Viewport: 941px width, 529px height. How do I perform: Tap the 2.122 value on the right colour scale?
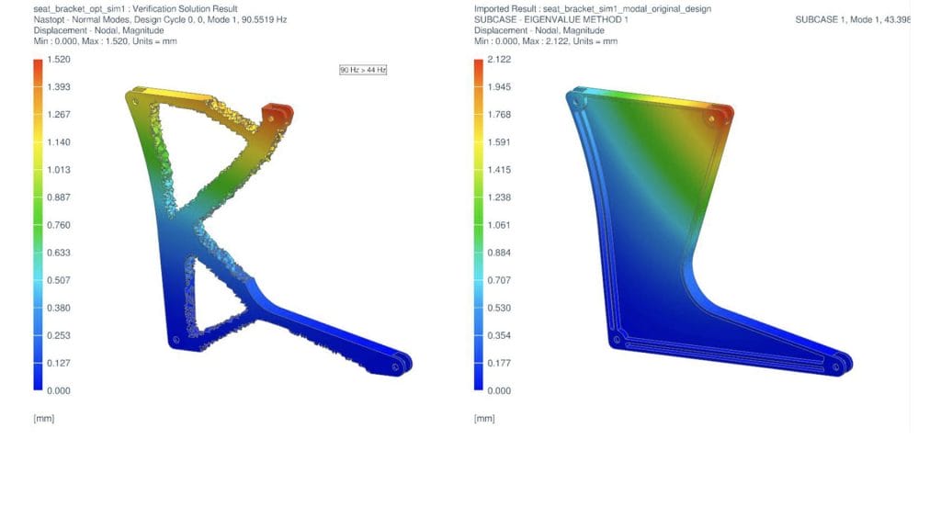(499, 60)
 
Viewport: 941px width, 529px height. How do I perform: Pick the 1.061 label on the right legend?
(499, 225)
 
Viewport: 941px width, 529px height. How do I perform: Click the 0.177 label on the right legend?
(499, 363)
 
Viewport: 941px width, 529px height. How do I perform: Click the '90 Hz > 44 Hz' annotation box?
(363, 70)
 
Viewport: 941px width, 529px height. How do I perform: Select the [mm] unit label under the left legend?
(42, 419)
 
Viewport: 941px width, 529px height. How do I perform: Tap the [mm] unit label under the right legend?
(483, 419)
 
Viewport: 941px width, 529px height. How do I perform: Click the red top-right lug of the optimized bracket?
(278, 114)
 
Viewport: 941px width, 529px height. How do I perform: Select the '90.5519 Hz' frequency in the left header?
(263, 19)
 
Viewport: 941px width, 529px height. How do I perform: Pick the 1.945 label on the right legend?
(499, 87)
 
